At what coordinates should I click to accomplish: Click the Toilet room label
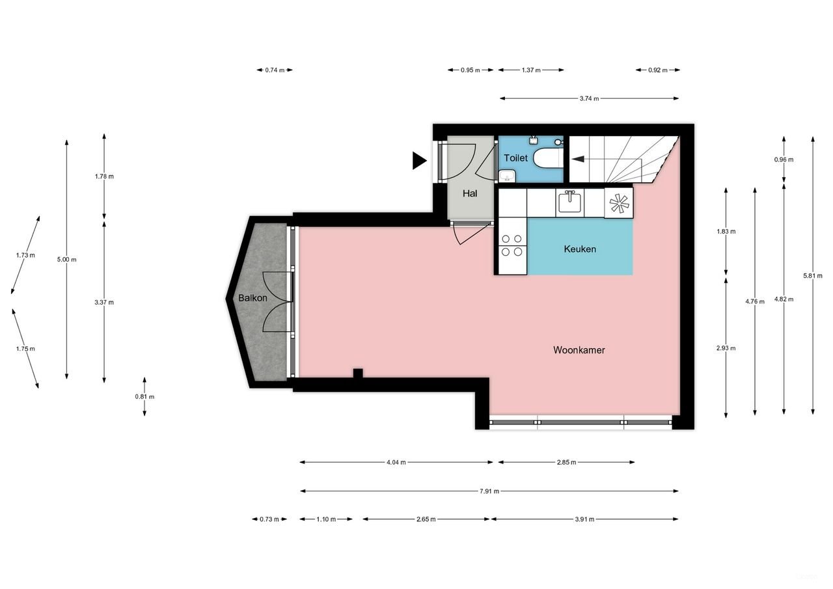coord(515,158)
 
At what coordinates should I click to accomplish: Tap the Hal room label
coord(470,193)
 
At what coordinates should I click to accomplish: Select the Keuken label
coord(579,249)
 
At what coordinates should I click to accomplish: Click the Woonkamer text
coord(579,350)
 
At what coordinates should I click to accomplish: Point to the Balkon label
coord(252,298)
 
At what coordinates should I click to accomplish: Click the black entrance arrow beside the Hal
coord(419,160)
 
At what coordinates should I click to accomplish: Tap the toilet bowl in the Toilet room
coord(545,158)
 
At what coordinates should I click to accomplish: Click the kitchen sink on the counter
coord(569,203)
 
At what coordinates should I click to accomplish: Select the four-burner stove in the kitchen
coord(511,245)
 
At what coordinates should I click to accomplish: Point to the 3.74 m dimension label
coord(588,99)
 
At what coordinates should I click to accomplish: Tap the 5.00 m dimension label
coord(66,260)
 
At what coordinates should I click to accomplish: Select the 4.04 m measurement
coord(396,463)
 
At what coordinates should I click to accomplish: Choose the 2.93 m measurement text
coord(726,348)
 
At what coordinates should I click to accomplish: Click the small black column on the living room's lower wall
coord(357,374)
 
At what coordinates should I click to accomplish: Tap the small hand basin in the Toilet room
coord(507,175)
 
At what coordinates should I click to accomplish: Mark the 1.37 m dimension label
coord(531,70)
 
